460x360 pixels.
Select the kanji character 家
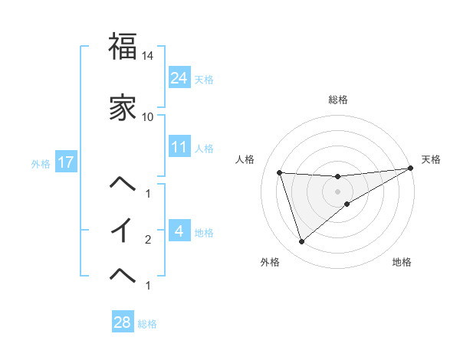(x=123, y=107)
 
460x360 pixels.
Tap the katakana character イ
(x=123, y=229)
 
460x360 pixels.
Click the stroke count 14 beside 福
(x=148, y=57)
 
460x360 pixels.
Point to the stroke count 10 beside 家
(x=148, y=117)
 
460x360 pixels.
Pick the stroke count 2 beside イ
(x=148, y=240)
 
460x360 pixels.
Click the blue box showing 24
(x=179, y=77)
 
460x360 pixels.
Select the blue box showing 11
(x=179, y=146)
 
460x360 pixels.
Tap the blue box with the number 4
(x=179, y=231)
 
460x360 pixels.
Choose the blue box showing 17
(x=64, y=162)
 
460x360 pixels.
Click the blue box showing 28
(x=123, y=322)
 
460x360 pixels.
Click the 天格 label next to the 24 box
(x=204, y=79)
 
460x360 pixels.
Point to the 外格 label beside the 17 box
(x=41, y=163)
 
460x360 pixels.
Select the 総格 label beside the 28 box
(x=147, y=324)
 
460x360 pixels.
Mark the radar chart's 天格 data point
(x=411, y=169)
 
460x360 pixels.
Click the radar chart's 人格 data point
(x=280, y=172)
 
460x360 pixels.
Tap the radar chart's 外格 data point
(x=301, y=242)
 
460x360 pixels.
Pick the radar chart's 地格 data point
(x=347, y=204)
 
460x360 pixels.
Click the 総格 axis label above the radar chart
(x=337, y=100)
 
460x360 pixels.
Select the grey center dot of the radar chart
(x=337, y=191)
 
